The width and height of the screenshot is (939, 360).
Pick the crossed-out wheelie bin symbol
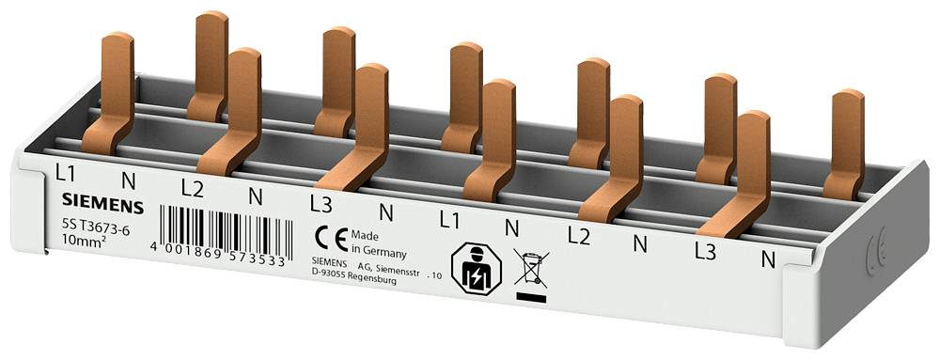coord(531,268)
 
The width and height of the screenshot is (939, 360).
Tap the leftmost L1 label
coord(65,173)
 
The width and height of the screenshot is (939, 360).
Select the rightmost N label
coord(768,259)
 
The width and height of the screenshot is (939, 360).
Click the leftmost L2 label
coord(193,187)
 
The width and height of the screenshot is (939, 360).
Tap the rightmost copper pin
coord(846,141)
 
